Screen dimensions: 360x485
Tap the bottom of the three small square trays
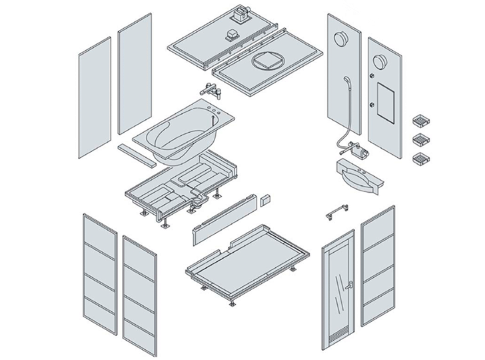pos(420,159)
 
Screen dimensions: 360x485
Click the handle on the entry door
pos(348,287)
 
